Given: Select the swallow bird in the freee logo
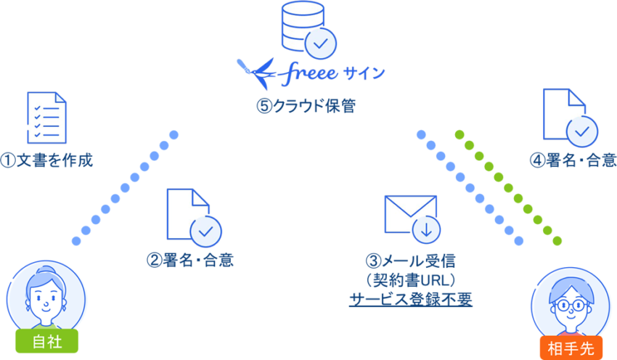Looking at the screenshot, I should tap(256, 70).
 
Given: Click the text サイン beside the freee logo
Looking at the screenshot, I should tap(364, 73).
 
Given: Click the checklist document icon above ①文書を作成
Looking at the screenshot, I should tap(46, 117).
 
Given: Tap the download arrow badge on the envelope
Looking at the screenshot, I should tap(426, 230).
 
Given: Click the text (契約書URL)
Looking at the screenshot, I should tap(412, 279).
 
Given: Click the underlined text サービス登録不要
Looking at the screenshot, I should tap(411, 299).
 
